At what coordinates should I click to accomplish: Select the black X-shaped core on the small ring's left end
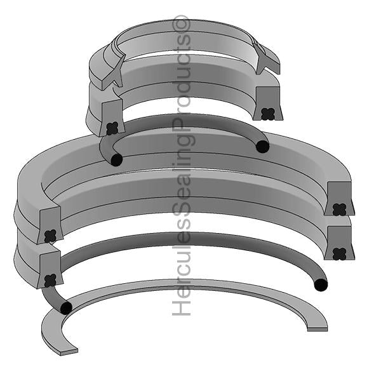(112, 128)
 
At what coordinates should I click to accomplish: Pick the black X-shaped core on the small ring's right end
(268, 114)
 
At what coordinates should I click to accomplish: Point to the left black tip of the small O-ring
(116, 160)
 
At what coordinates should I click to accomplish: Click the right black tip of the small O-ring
(262, 147)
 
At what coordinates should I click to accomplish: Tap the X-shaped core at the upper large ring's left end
(50, 236)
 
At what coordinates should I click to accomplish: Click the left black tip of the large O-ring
(65, 308)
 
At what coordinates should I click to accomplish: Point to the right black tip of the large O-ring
(321, 284)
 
